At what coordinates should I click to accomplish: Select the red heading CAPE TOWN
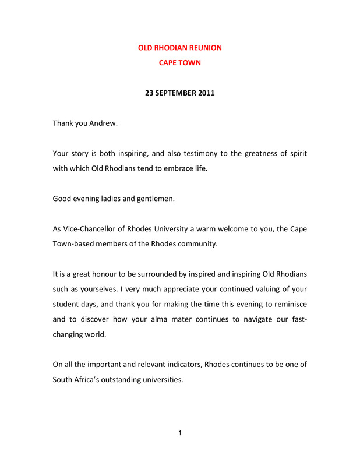point(180,62)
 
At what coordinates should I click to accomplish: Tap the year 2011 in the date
point(206,93)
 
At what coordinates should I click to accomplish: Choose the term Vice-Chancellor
point(90,229)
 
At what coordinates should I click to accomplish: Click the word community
point(198,243)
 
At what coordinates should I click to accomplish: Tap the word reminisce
point(288,304)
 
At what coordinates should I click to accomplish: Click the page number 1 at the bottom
point(180,433)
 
